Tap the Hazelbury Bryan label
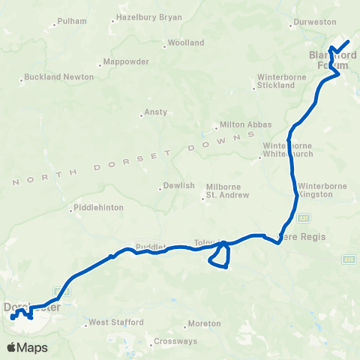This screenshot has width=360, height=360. (147, 16)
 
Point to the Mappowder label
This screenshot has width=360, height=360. (127, 61)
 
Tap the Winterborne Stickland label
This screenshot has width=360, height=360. (275, 81)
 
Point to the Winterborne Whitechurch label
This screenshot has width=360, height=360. (282, 150)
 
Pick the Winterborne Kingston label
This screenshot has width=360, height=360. (321, 190)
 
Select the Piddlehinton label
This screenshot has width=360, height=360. (95, 208)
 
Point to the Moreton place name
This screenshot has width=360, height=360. (205, 323)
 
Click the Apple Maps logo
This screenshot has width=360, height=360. (27, 347)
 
